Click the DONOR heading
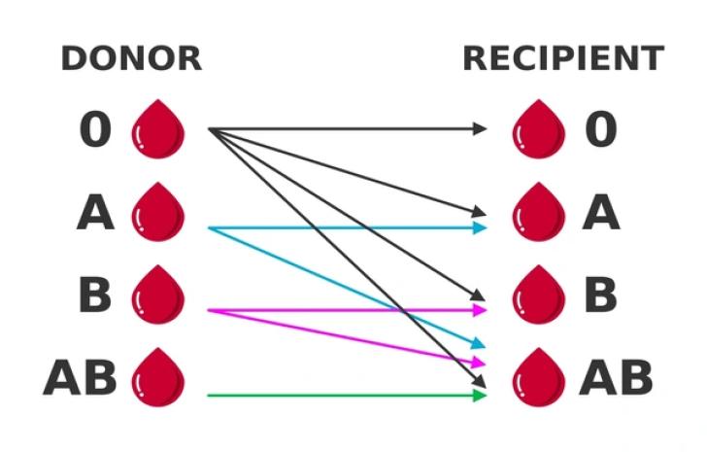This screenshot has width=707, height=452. [x=131, y=58]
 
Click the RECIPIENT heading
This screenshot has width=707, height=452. [x=563, y=58]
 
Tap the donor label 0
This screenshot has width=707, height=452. [x=94, y=130]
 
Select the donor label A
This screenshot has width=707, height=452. [x=95, y=213]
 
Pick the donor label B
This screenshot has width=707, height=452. [x=94, y=295]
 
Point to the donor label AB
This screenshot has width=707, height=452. [x=80, y=378]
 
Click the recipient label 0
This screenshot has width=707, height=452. [x=600, y=130]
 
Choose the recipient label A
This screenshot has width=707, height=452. [x=600, y=213]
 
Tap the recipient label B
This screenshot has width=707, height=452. [x=600, y=295]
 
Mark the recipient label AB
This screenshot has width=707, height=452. [x=616, y=378]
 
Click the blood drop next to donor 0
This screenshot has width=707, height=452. [x=157, y=128]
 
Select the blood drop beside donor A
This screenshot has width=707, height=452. [x=157, y=211]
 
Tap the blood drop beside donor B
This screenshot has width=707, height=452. [x=157, y=294]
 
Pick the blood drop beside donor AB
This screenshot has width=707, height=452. [x=157, y=377]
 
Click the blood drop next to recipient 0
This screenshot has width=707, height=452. [x=539, y=128]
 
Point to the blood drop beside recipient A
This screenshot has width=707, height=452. [x=539, y=211]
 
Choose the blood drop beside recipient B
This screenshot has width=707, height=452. [x=539, y=294]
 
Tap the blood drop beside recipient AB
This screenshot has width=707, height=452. [x=539, y=377]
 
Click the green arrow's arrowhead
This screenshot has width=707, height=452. [x=479, y=396]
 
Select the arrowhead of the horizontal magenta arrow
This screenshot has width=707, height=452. [x=479, y=310]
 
